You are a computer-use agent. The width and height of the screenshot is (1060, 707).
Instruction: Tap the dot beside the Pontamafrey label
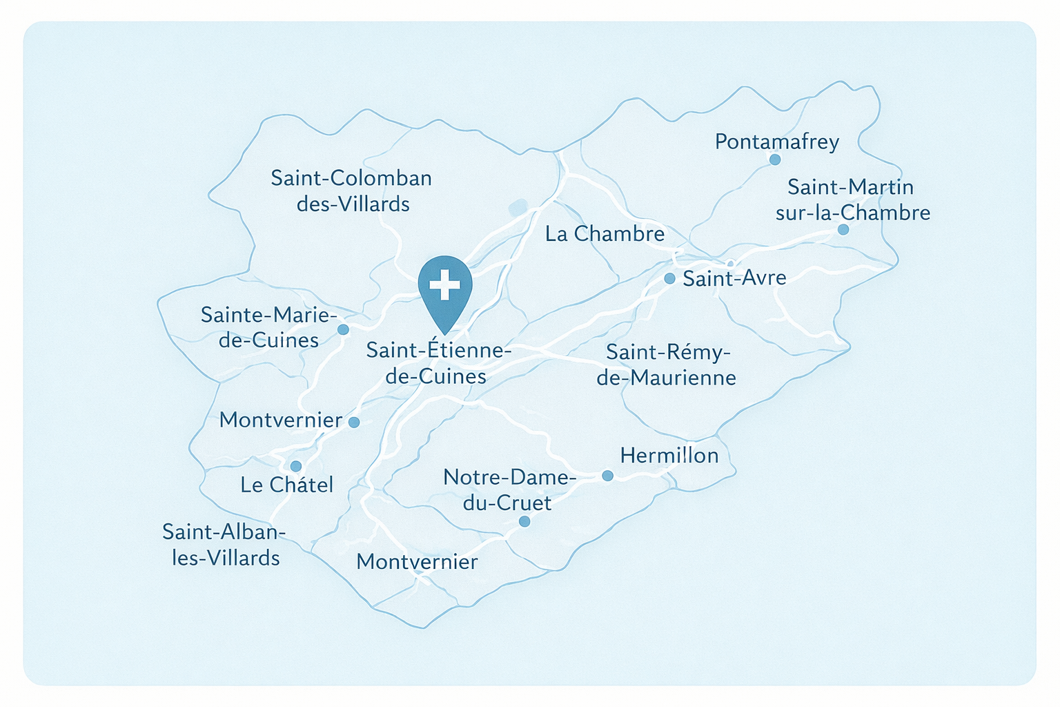point(775,159)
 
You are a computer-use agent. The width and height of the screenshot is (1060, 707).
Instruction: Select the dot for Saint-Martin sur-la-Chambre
point(843,229)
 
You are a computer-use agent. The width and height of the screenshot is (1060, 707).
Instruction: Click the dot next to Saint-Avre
point(669,278)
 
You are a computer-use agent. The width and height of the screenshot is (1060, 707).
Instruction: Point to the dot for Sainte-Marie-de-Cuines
point(343,329)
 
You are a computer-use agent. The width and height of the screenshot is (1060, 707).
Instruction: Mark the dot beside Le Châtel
point(296,466)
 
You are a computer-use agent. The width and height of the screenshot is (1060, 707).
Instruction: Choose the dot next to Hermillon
point(607,475)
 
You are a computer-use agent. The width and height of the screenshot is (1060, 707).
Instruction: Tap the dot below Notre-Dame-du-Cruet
point(524,521)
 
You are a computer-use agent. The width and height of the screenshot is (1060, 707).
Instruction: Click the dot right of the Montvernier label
point(354,422)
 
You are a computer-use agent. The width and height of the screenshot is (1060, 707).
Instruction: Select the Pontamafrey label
point(777,142)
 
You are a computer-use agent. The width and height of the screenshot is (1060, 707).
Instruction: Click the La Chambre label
point(605,233)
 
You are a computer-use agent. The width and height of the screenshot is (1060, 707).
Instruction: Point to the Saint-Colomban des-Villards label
point(351,191)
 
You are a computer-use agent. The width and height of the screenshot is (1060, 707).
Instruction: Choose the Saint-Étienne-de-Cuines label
point(439,363)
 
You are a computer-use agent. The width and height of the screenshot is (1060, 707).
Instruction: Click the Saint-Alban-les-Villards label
point(224,544)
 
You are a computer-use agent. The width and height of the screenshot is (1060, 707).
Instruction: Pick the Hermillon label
point(669,455)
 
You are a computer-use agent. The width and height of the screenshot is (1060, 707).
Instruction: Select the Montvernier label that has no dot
point(417,561)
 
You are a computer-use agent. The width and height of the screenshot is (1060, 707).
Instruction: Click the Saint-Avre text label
point(734,278)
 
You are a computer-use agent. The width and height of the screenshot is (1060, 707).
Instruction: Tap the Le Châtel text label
point(286,485)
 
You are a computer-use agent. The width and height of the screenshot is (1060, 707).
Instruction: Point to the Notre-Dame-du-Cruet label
point(508,490)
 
